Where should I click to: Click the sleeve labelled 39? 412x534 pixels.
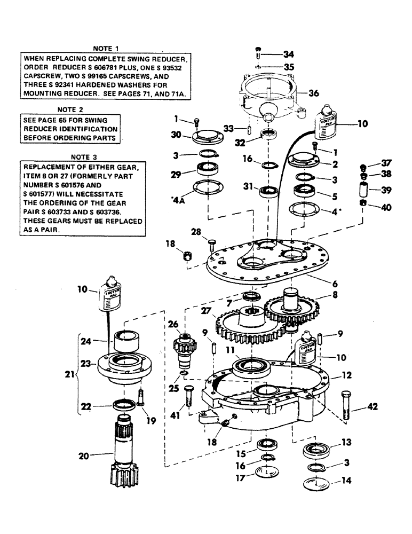tap(365, 190)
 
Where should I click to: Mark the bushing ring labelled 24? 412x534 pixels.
tap(126, 342)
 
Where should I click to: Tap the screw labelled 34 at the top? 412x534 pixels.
tap(258, 54)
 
